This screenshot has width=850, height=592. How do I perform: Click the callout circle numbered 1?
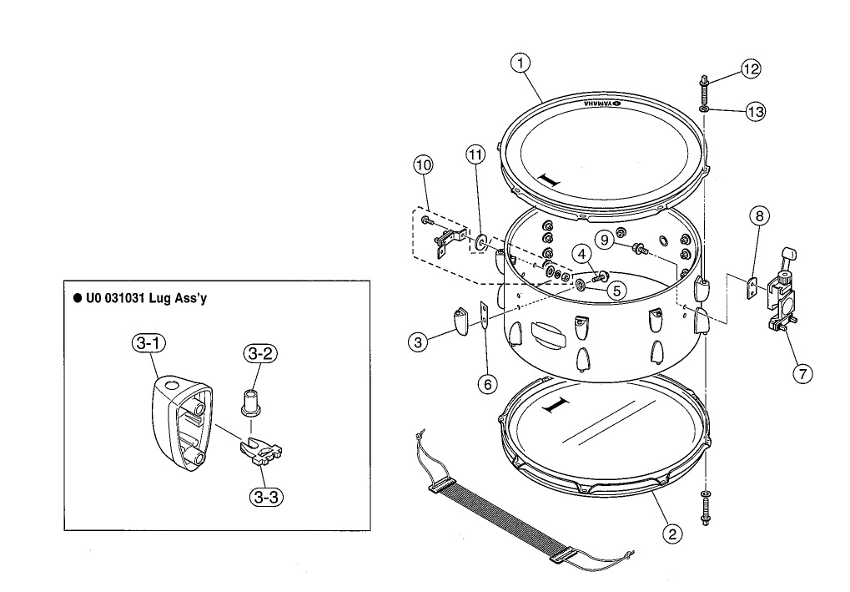click(521, 63)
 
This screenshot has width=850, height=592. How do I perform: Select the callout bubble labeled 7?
click(802, 373)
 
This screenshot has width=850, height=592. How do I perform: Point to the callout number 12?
click(751, 69)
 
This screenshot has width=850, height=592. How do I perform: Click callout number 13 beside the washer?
click(756, 111)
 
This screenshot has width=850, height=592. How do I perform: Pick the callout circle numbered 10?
click(424, 165)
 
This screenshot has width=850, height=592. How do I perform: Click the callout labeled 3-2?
click(259, 354)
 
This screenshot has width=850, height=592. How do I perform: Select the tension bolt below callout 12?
click(706, 87)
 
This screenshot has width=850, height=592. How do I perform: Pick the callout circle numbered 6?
click(487, 383)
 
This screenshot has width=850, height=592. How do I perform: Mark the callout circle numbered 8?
click(758, 216)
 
